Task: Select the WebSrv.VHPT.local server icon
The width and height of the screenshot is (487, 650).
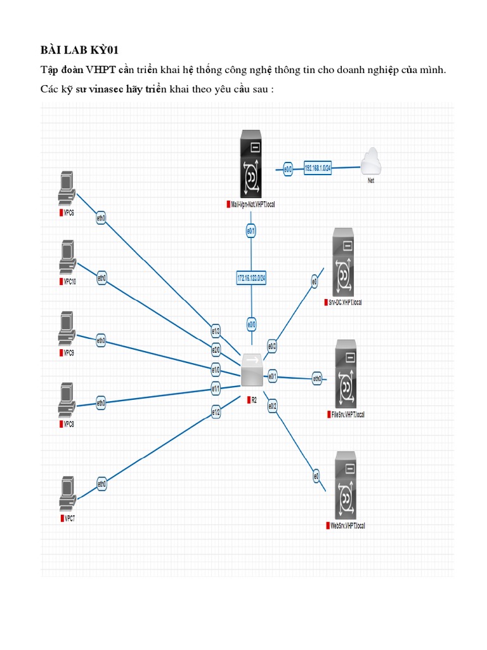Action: (x=345, y=486)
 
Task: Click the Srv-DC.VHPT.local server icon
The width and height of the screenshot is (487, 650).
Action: (x=343, y=263)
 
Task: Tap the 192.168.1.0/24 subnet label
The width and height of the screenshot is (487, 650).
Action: (x=318, y=168)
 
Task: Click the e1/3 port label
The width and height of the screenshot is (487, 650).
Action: (x=216, y=331)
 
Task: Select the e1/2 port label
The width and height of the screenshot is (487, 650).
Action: (x=216, y=412)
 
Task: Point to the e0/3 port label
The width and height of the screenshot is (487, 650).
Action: (x=272, y=347)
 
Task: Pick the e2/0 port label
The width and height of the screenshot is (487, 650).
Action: (x=216, y=349)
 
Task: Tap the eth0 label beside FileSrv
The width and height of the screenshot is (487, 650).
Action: (x=317, y=379)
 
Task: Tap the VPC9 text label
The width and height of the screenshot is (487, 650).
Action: (x=68, y=352)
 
